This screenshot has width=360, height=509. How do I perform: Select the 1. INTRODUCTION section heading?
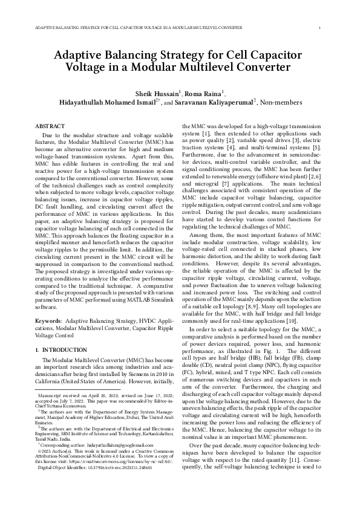(55, 349)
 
